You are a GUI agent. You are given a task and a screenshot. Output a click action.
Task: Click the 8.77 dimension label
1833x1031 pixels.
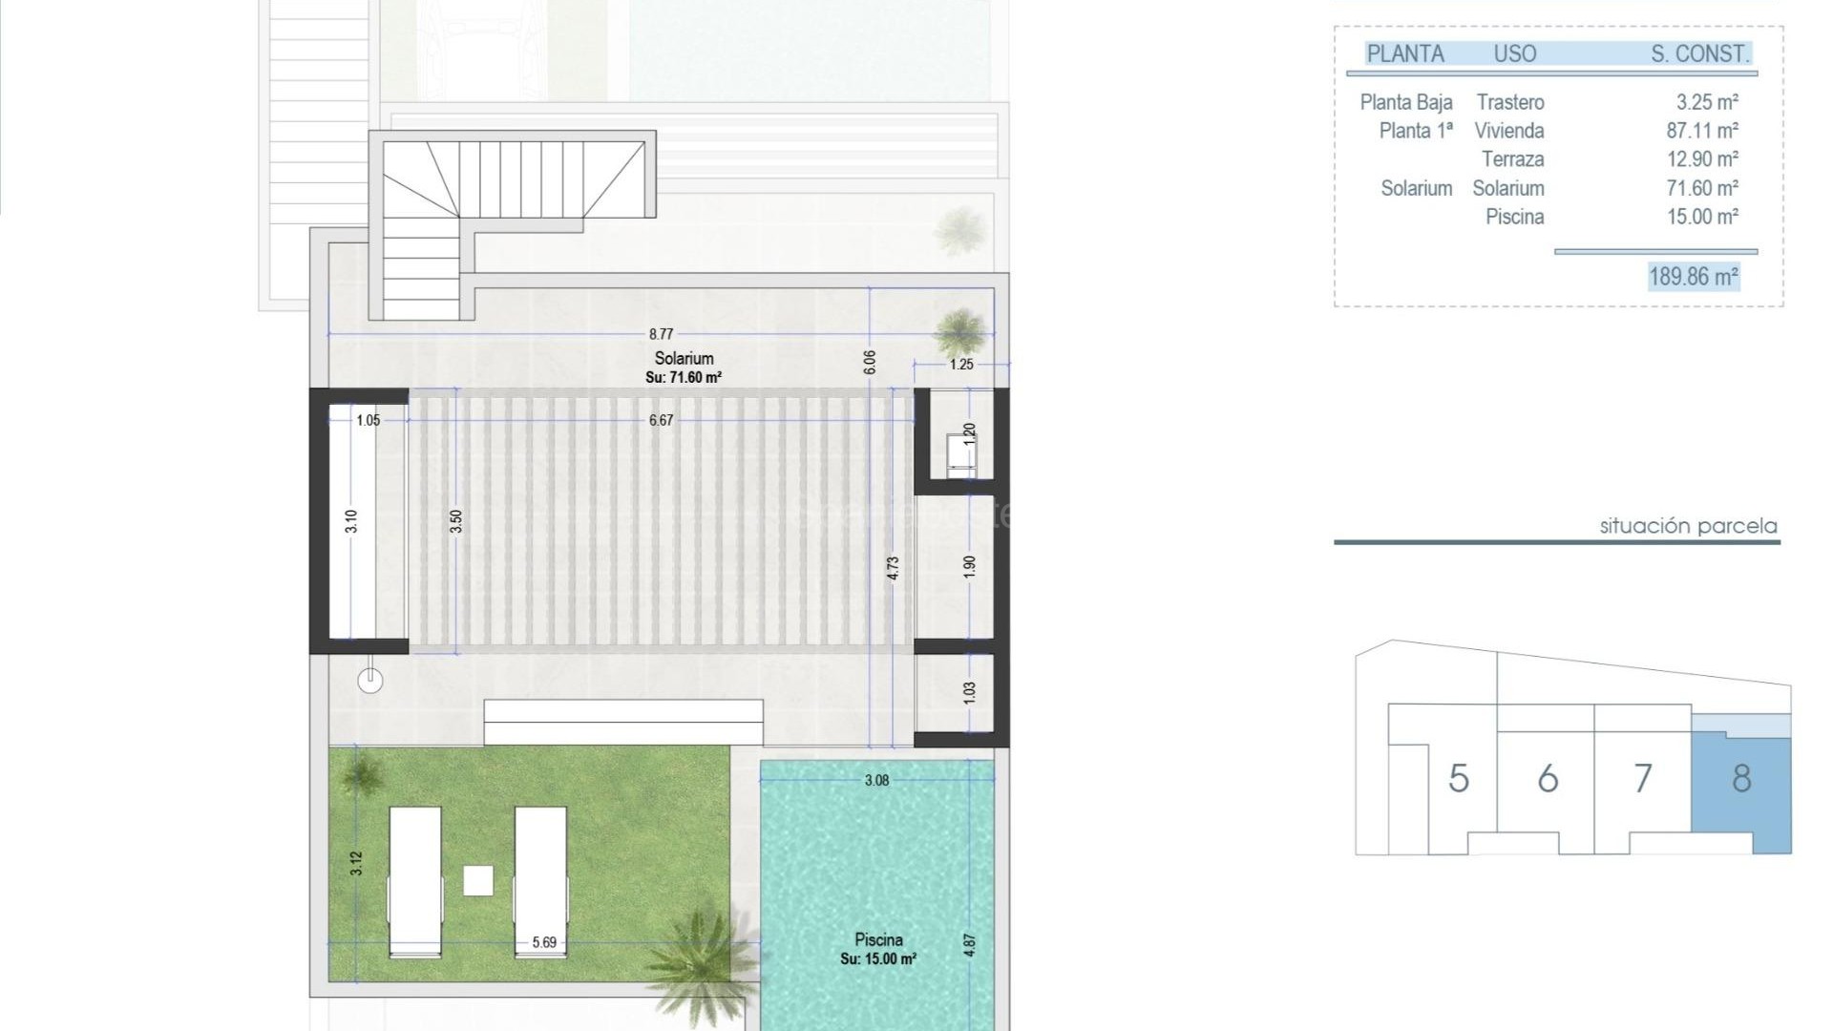(661, 334)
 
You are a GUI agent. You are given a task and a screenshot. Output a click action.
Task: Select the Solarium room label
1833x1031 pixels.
(684, 359)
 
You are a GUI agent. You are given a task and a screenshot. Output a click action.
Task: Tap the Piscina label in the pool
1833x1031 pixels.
(878, 939)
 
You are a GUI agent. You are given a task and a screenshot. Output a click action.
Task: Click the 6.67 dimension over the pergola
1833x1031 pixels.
(661, 420)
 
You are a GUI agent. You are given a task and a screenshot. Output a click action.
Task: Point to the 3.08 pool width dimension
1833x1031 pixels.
(876, 780)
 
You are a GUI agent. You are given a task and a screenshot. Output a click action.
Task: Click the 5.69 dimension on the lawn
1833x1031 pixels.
(544, 942)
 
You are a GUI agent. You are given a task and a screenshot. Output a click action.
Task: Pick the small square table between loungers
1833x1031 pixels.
(478, 880)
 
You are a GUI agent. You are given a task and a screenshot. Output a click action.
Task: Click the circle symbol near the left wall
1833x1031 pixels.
(370, 681)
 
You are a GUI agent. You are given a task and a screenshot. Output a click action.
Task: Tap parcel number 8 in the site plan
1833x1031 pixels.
(1741, 779)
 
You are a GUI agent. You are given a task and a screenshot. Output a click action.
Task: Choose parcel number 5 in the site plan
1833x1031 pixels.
(1458, 779)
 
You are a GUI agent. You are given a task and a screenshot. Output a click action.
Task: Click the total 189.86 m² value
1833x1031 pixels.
(1694, 277)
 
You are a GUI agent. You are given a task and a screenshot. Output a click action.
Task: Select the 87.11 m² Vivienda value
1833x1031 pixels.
(1702, 131)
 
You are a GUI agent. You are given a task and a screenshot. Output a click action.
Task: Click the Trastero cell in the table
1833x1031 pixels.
(1509, 102)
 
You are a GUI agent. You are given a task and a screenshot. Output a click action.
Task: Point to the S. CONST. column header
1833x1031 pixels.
(1699, 54)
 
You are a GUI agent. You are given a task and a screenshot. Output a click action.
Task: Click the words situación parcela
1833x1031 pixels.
(1688, 526)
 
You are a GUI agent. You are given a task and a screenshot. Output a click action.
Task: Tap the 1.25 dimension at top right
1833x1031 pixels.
(961, 364)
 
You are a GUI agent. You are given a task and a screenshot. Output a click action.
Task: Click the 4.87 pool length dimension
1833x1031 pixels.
(970, 945)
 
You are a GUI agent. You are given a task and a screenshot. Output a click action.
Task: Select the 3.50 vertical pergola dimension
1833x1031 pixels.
(456, 521)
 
